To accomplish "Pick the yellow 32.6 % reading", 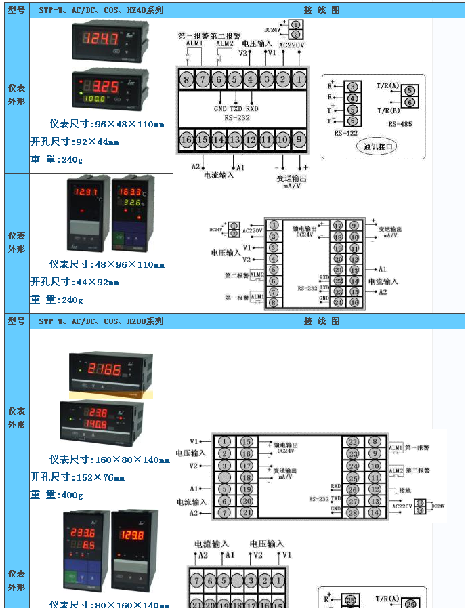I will [x=132, y=203].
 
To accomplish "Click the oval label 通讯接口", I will [x=379, y=146].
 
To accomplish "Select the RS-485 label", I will [x=400, y=124].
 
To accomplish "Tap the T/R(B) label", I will [x=388, y=110].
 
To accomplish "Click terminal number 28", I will [x=353, y=512].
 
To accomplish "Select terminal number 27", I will [x=353, y=501].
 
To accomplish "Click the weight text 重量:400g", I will [x=57, y=495].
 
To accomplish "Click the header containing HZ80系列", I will [x=101, y=321].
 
